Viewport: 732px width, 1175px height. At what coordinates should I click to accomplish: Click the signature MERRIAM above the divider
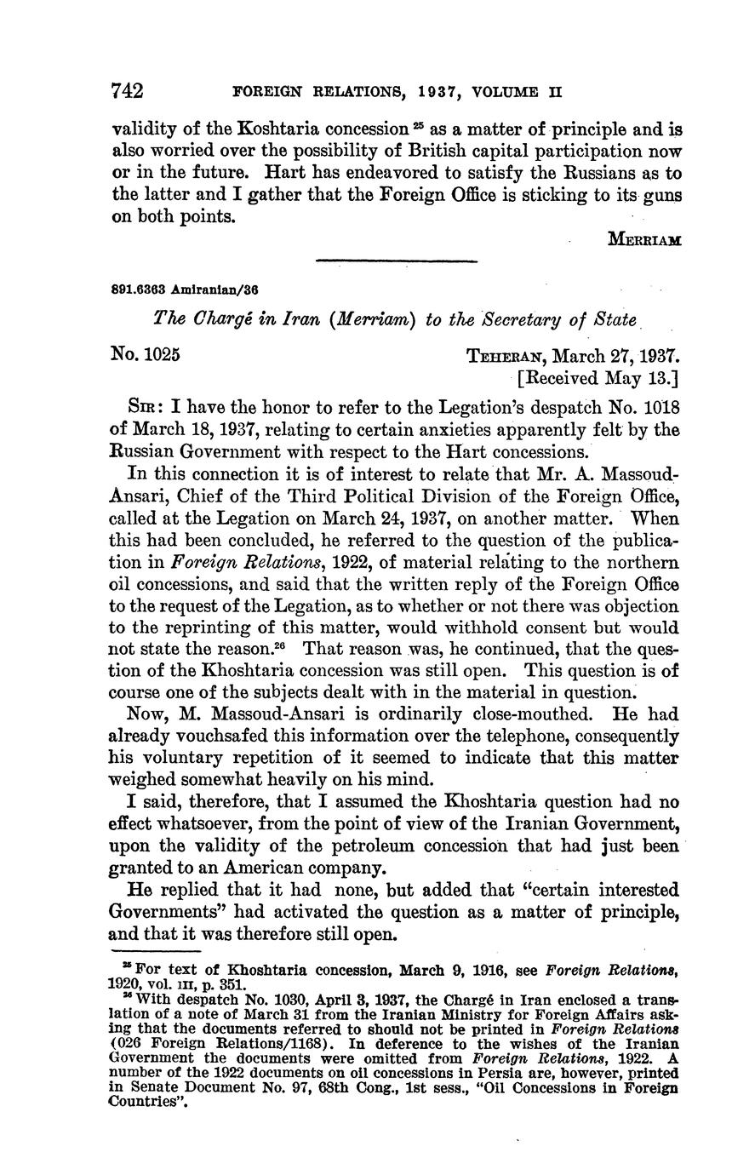point(644,240)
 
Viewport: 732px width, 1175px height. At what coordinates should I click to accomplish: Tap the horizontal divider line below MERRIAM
point(396,261)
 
